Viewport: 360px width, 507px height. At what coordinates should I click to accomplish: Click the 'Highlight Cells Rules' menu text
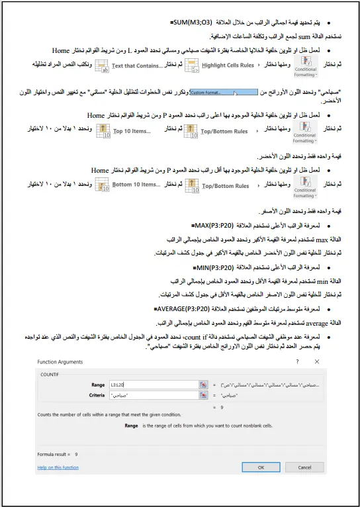[x=227, y=66]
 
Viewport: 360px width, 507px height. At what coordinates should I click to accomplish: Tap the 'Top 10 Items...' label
[x=131, y=131]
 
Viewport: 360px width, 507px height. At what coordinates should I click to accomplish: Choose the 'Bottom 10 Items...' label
[x=135, y=185]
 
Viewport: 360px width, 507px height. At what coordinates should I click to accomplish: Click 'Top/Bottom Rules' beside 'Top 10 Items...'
[x=224, y=131]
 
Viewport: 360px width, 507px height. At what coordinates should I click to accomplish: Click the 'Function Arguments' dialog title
[x=60, y=361]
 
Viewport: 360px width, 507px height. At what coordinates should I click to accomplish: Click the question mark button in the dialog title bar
[x=296, y=361]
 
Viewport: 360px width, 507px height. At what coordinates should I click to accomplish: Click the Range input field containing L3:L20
[x=159, y=384]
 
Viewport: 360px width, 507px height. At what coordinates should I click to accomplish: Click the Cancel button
[x=304, y=467]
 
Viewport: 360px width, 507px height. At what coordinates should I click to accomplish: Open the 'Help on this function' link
[x=58, y=467]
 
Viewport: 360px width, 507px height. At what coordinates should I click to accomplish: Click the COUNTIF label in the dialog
[x=51, y=374]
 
